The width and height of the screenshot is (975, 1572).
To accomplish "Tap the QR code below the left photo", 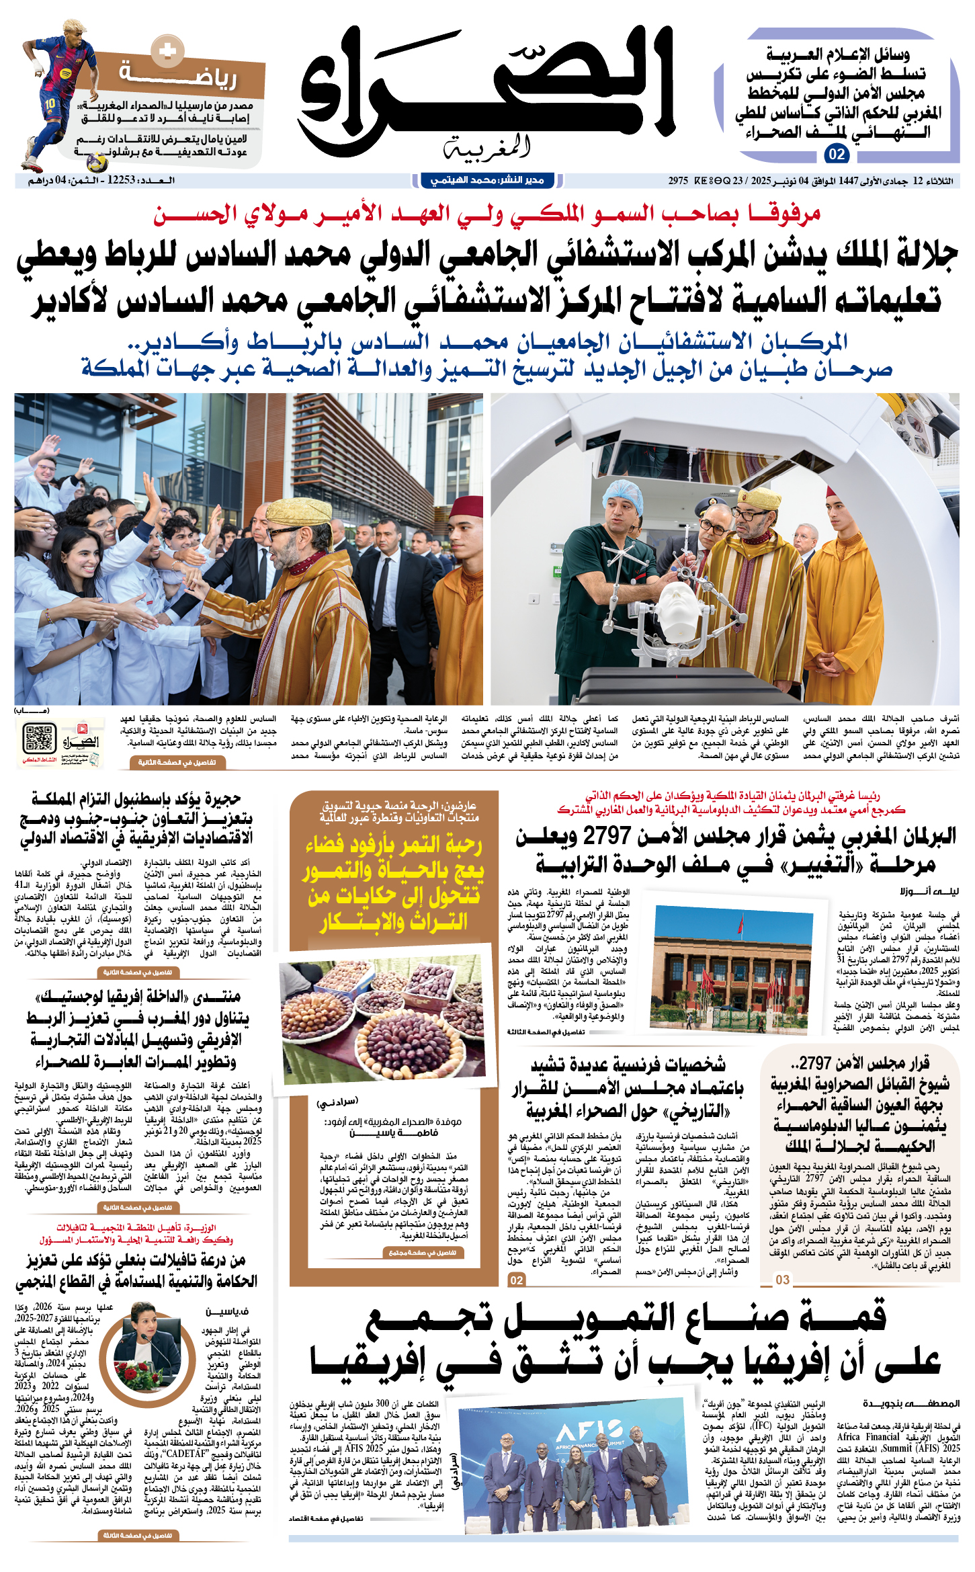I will [x=39, y=739].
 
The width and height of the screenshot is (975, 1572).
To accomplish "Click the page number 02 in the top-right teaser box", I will [x=837, y=154].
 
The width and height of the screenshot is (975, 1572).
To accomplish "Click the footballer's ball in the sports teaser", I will [x=98, y=163].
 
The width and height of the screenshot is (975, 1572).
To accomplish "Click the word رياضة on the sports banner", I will [x=179, y=75].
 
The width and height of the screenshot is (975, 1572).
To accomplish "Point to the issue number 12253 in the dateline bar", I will [x=122, y=180].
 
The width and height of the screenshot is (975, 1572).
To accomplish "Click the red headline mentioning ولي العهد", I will [x=486, y=214].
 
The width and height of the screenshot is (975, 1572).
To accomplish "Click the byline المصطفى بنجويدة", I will [x=910, y=1403].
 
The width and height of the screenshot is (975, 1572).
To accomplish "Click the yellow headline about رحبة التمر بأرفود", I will [x=393, y=882].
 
